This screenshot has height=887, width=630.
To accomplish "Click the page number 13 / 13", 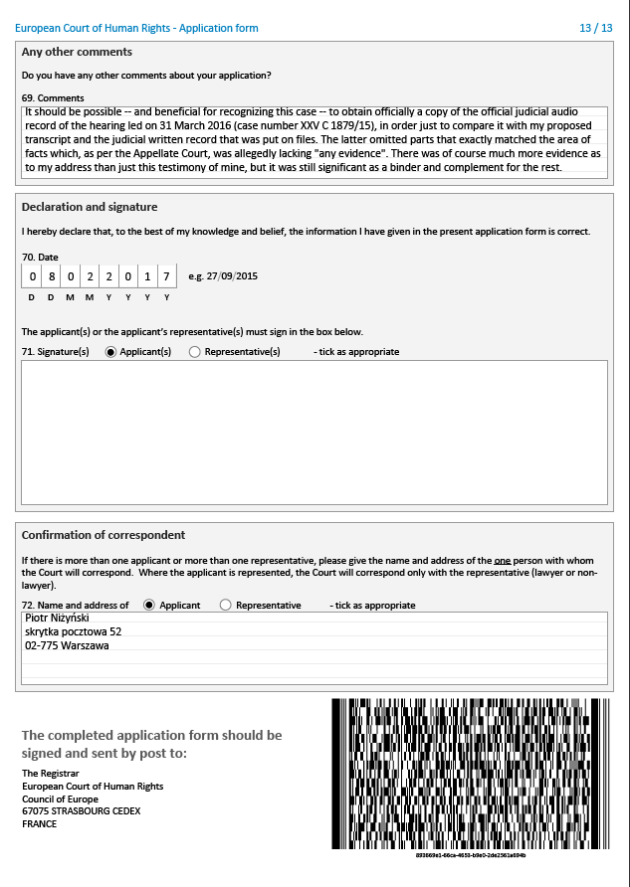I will click(596, 28).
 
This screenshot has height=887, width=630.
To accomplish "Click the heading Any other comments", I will click(77, 52).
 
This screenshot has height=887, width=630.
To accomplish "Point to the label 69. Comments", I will click(53, 97).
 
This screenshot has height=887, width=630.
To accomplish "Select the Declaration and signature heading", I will click(90, 207).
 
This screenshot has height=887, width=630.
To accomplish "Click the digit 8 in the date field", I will click(51, 276).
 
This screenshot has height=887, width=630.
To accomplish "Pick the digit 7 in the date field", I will click(166, 276).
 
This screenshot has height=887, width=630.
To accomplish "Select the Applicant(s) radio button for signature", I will click(109, 352).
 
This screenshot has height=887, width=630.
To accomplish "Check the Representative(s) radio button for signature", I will click(194, 352).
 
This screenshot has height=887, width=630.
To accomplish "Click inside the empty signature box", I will click(314, 432).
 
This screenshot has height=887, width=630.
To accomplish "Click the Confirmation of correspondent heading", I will click(104, 535).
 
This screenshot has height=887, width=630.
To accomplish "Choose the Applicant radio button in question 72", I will click(149, 605).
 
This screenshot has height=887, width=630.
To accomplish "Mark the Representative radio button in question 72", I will click(226, 605).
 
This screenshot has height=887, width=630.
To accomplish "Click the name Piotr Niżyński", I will click(57, 618).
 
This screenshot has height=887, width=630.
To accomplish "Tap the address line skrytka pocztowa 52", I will click(73, 631).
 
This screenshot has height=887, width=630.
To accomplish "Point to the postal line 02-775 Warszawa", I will click(67, 645).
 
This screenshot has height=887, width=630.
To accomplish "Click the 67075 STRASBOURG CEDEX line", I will click(81, 811).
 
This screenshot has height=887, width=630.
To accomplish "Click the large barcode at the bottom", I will click(470, 774).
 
